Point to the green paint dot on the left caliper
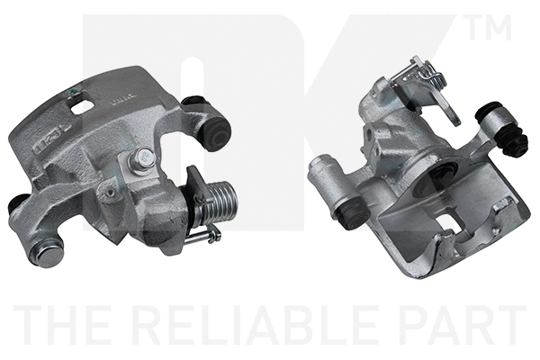click(73, 92)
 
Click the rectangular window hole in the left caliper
click(84, 104)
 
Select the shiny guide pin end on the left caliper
click(47, 255)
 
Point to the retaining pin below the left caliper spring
click(202, 237)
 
